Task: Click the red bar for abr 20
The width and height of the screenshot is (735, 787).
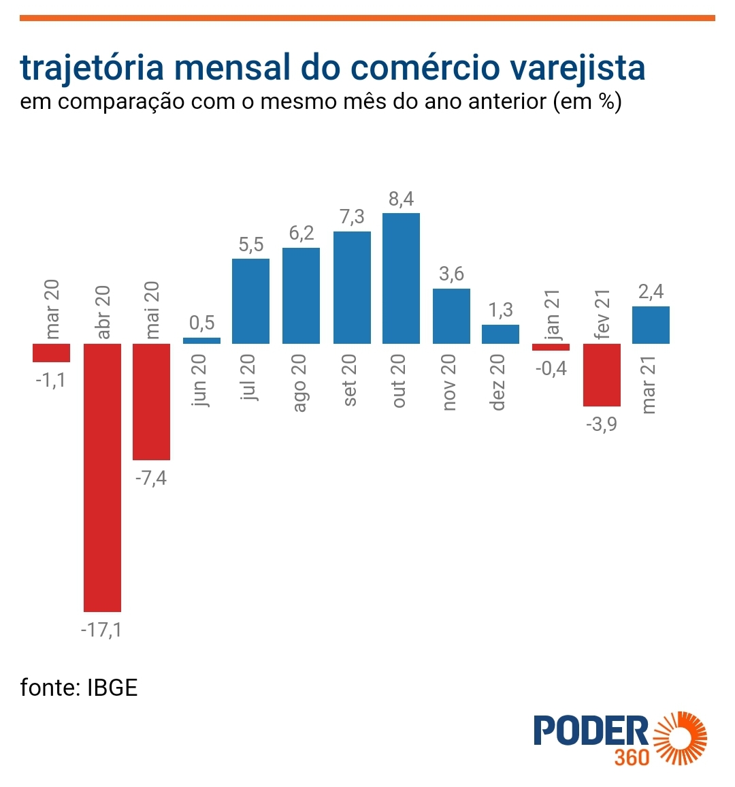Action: pyautogui.click(x=102, y=477)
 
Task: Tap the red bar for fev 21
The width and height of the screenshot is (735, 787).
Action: pyautogui.click(x=602, y=374)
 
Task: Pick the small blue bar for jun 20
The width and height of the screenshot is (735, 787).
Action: pyautogui.click(x=201, y=340)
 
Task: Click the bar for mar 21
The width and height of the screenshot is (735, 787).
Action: pyautogui.click(x=651, y=325)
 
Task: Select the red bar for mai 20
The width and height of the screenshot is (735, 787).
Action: pyautogui.click(x=151, y=402)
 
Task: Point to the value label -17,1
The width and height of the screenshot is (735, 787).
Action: pyautogui.click(x=101, y=630)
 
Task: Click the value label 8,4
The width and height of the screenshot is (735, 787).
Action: pyautogui.click(x=401, y=199)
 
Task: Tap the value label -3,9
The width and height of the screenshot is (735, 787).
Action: pyautogui.click(x=602, y=424)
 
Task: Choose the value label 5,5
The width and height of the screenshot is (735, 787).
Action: pyautogui.click(x=250, y=244)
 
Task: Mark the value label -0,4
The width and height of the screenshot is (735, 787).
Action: pyautogui.click(x=551, y=368)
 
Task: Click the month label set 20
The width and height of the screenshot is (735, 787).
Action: pyautogui.click(x=350, y=381)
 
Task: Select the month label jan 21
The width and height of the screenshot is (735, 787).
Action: pyautogui.click(x=552, y=315)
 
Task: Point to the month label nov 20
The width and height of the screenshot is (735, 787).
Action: pyautogui.click(x=449, y=383)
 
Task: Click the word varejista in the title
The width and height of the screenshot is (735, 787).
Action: pyautogui.click(x=577, y=67)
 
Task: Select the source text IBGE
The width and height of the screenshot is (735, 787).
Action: pyautogui.click(x=112, y=688)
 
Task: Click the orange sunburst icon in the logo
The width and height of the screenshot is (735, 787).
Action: pyautogui.click(x=680, y=738)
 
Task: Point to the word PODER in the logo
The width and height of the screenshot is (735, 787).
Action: pyautogui.click(x=591, y=730)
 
